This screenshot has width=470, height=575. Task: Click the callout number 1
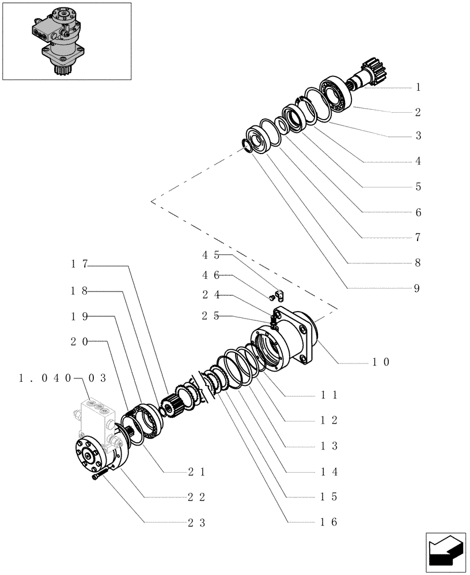[418, 87]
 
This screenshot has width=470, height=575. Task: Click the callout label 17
[79, 264]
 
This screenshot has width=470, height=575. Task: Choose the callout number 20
[79, 342]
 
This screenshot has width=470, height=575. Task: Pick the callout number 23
[196, 523]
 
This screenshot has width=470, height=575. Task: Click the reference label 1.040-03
[62, 378]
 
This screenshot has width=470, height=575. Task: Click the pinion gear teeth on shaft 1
[369, 72]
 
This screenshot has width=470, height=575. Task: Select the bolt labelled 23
[98, 476]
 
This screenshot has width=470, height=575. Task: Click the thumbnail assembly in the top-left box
[66, 41]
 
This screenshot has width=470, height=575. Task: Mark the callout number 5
[418, 187]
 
